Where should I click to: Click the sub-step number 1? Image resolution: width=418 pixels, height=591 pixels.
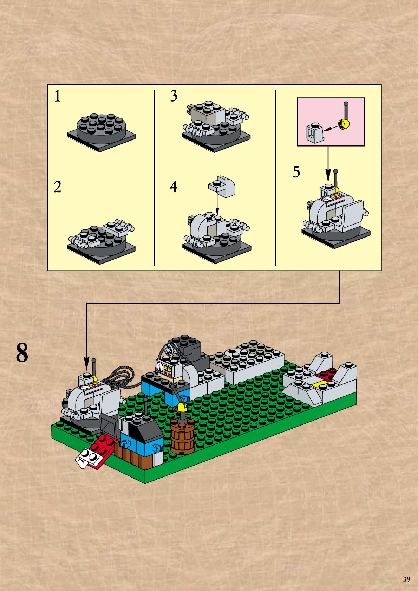[57, 96]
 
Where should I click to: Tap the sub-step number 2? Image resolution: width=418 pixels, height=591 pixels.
[57, 187]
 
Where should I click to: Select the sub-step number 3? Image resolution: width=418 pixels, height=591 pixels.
[174, 96]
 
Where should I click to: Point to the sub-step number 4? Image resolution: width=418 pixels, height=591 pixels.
[174, 187]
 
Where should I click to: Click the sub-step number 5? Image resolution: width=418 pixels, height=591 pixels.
[296, 172]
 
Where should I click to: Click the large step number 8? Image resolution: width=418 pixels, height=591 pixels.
[22, 353]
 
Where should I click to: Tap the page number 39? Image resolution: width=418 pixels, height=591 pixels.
[406, 579]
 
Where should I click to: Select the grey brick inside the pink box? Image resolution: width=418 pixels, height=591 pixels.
[314, 133]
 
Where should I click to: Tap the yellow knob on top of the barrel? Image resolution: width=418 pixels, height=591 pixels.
[182, 407]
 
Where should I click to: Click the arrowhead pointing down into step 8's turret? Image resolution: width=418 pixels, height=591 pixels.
[86, 363]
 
